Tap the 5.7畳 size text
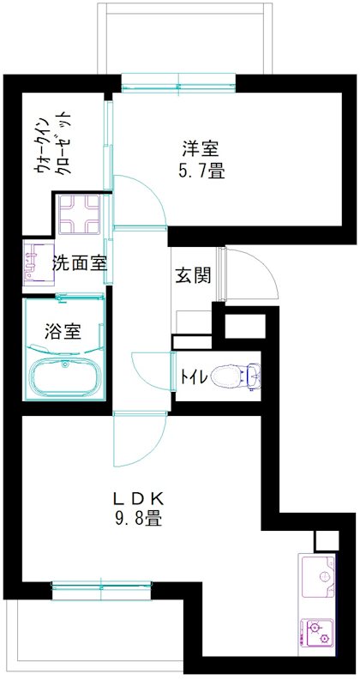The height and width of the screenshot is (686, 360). [202, 171]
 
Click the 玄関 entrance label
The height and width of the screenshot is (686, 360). [193, 275]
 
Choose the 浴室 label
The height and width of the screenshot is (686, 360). [62, 330]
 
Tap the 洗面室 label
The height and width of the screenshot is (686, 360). [80, 263]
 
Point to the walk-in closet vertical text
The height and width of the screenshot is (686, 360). [52, 146]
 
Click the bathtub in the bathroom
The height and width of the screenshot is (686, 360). [63, 376]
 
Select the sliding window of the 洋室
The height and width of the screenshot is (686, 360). [177, 83]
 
